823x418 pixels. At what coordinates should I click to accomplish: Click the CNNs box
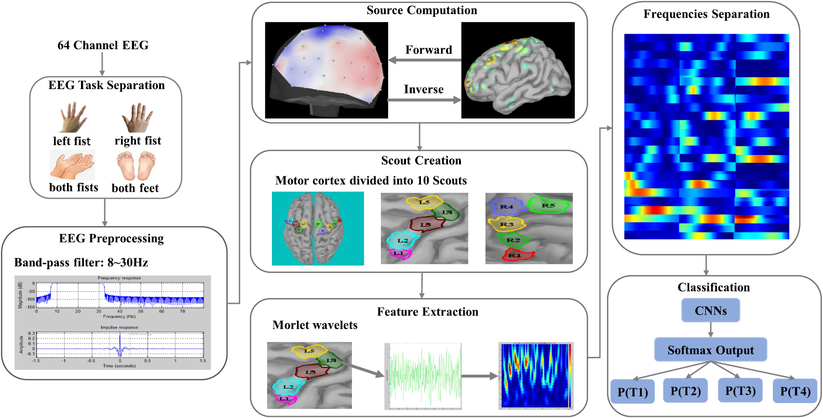click(710, 311)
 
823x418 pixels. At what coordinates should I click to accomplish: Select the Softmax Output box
click(710, 350)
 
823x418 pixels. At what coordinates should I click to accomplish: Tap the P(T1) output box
click(633, 392)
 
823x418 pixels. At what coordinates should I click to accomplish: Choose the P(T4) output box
click(795, 391)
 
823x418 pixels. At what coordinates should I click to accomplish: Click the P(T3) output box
click(740, 391)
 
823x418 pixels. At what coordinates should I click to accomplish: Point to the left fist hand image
click(73, 118)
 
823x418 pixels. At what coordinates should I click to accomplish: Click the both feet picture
click(136, 166)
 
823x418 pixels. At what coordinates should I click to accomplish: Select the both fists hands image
click(72, 165)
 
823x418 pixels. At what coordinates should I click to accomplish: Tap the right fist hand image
click(137, 118)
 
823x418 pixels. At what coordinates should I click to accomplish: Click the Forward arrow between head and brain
click(424, 60)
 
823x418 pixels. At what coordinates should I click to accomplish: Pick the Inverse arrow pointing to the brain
click(424, 100)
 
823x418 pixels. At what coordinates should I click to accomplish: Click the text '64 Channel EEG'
click(103, 45)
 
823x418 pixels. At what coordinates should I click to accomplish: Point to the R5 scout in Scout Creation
click(548, 206)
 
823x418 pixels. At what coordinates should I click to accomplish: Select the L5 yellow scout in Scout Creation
click(424, 202)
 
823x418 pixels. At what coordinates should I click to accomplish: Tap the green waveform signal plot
click(423, 376)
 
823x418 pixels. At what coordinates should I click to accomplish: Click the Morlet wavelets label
click(315, 325)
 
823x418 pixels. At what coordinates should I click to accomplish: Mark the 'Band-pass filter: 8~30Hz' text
click(81, 262)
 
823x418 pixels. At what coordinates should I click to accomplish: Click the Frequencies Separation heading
click(706, 14)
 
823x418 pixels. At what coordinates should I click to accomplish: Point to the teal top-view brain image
click(318, 228)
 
